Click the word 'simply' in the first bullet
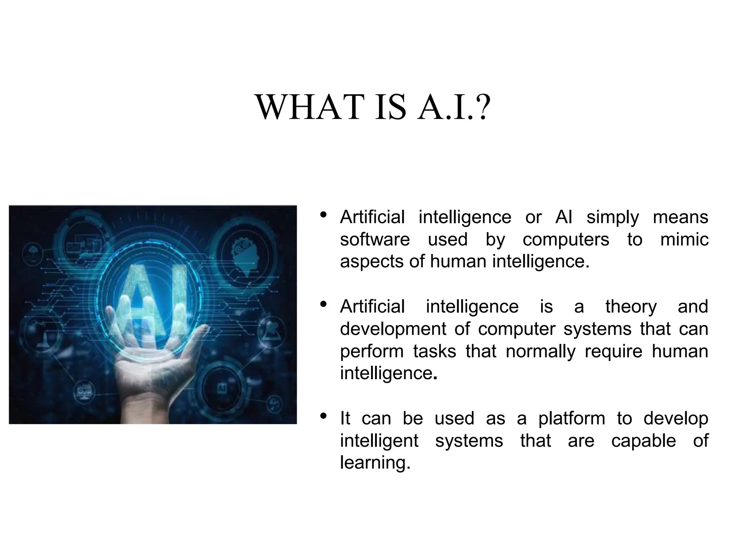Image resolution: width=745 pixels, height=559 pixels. pos(613,218)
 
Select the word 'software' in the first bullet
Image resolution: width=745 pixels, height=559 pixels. pos(375,240)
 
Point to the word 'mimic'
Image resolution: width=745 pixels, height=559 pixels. pos(684,240)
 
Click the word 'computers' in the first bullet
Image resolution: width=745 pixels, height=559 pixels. pos(566,240)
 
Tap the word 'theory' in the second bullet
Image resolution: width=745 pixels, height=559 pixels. pos(631,306)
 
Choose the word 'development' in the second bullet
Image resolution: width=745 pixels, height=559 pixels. pos(393,329)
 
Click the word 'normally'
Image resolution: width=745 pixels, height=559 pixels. pos(541,352)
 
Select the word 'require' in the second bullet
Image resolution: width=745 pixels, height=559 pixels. pos(613,352)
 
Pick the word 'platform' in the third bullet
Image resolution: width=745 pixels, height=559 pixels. pos(571,419)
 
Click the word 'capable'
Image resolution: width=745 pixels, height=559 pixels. pos(644,441)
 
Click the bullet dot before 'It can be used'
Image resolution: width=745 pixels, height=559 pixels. pos(323,416)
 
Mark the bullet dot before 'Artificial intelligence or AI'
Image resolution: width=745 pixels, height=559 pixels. pos(323,215)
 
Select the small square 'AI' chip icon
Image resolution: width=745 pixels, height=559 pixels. pos(222,388)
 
